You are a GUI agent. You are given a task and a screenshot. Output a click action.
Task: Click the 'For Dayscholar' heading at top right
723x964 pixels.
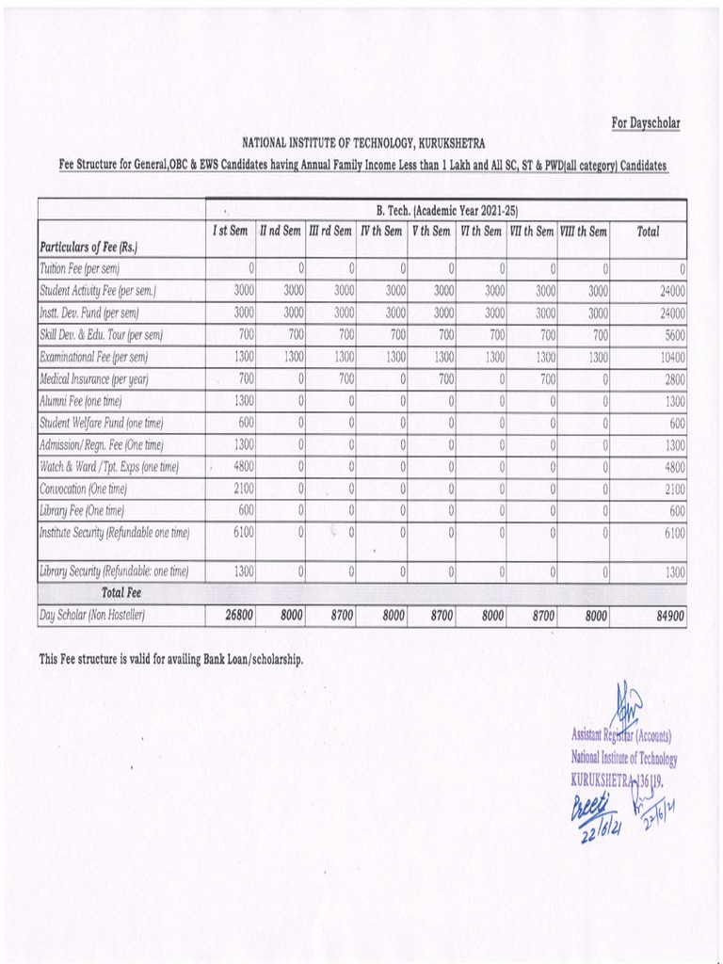[x=645, y=123]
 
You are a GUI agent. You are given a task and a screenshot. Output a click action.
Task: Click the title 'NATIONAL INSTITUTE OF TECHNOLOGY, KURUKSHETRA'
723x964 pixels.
[x=364, y=143]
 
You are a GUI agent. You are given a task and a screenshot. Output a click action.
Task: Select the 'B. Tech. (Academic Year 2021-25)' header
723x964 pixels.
[x=447, y=210]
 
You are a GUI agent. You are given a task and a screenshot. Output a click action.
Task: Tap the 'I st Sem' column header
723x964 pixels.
[x=230, y=232]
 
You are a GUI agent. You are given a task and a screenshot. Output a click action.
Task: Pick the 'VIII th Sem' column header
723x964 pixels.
[x=584, y=232]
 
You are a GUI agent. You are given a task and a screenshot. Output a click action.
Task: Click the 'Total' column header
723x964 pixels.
[x=648, y=232]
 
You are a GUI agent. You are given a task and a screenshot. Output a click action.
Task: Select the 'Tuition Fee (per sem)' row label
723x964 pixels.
[x=79, y=269]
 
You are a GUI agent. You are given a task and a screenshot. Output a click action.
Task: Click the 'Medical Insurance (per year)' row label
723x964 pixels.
[x=94, y=379]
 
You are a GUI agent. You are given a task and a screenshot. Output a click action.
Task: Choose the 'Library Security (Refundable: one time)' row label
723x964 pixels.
[x=114, y=571]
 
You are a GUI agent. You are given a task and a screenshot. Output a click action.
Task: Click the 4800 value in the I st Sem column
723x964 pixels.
[x=244, y=467]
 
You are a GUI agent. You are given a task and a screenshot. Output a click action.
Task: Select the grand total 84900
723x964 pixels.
[x=667, y=617]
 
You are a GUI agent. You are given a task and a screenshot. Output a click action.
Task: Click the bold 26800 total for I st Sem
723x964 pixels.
[x=239, y=617]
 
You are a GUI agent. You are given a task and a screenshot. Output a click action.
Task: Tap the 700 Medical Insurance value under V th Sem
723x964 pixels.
[x=445, y=379]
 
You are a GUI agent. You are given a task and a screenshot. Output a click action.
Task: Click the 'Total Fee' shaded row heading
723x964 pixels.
[x=121, y=593]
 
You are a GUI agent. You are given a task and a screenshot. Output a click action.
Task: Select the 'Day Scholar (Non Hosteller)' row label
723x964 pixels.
[x=93, y=617]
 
